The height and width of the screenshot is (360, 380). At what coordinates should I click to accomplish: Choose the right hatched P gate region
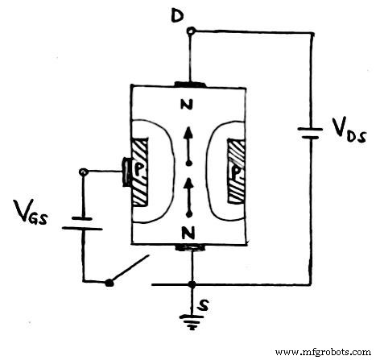click(x=239, y=171)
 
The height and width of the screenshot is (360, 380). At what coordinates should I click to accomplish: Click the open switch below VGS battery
click(x=129, y=271)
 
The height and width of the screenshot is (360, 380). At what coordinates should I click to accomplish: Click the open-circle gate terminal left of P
click(x=84, y=172)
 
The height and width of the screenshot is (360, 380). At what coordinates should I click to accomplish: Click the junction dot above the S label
click(x=192, y=284)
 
